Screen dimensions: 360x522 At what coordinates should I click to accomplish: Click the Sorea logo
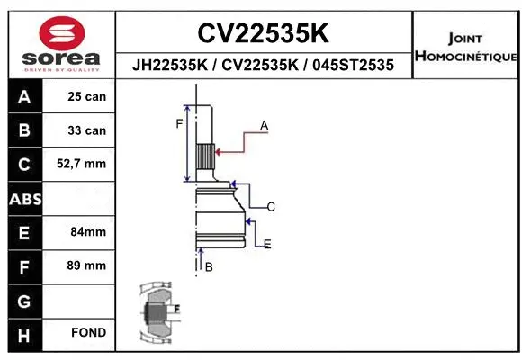click(61, 44)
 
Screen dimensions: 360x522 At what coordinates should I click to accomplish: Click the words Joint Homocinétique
click(464, 48)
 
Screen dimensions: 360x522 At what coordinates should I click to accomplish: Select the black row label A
click(23, 96)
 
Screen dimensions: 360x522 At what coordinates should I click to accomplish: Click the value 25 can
click(87, 96)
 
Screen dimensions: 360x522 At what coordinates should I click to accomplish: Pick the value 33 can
click(87, 130)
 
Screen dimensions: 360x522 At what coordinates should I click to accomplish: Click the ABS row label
click(23, 198)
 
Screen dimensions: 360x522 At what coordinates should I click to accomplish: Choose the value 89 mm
click(87, 265)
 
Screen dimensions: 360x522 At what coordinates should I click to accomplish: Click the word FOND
click(88, 333)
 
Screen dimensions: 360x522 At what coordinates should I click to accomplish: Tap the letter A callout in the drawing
click(264, 126)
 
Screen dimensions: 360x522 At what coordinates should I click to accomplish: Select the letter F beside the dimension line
click(179, 123)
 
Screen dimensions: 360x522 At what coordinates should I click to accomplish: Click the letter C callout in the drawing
click(270, 207)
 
